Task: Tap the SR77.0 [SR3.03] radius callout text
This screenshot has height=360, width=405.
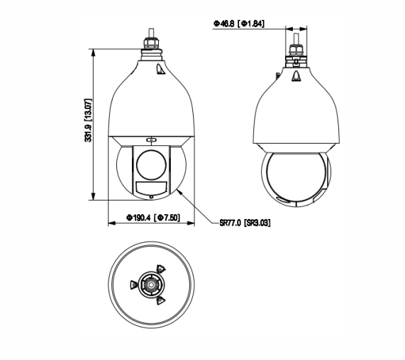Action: click(x=245, y=222)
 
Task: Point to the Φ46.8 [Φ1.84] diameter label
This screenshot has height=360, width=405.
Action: click(x=238, y=23)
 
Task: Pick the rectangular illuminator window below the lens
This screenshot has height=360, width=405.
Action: click(x=150, y=188)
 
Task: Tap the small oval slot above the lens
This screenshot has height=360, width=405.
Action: click(x=150, y=139)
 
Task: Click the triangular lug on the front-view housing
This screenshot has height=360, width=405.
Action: click(x=160, y=69)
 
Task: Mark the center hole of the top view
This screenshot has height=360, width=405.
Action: click(x=150, y=284)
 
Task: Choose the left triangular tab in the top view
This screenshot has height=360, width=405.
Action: click(x=133, y=284)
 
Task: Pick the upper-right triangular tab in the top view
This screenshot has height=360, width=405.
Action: click(x=160, y=270)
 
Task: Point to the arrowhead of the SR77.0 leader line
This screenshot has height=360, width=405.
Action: click(x=180, y=190)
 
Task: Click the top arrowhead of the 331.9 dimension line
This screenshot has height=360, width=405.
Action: click(x=95, y=51)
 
